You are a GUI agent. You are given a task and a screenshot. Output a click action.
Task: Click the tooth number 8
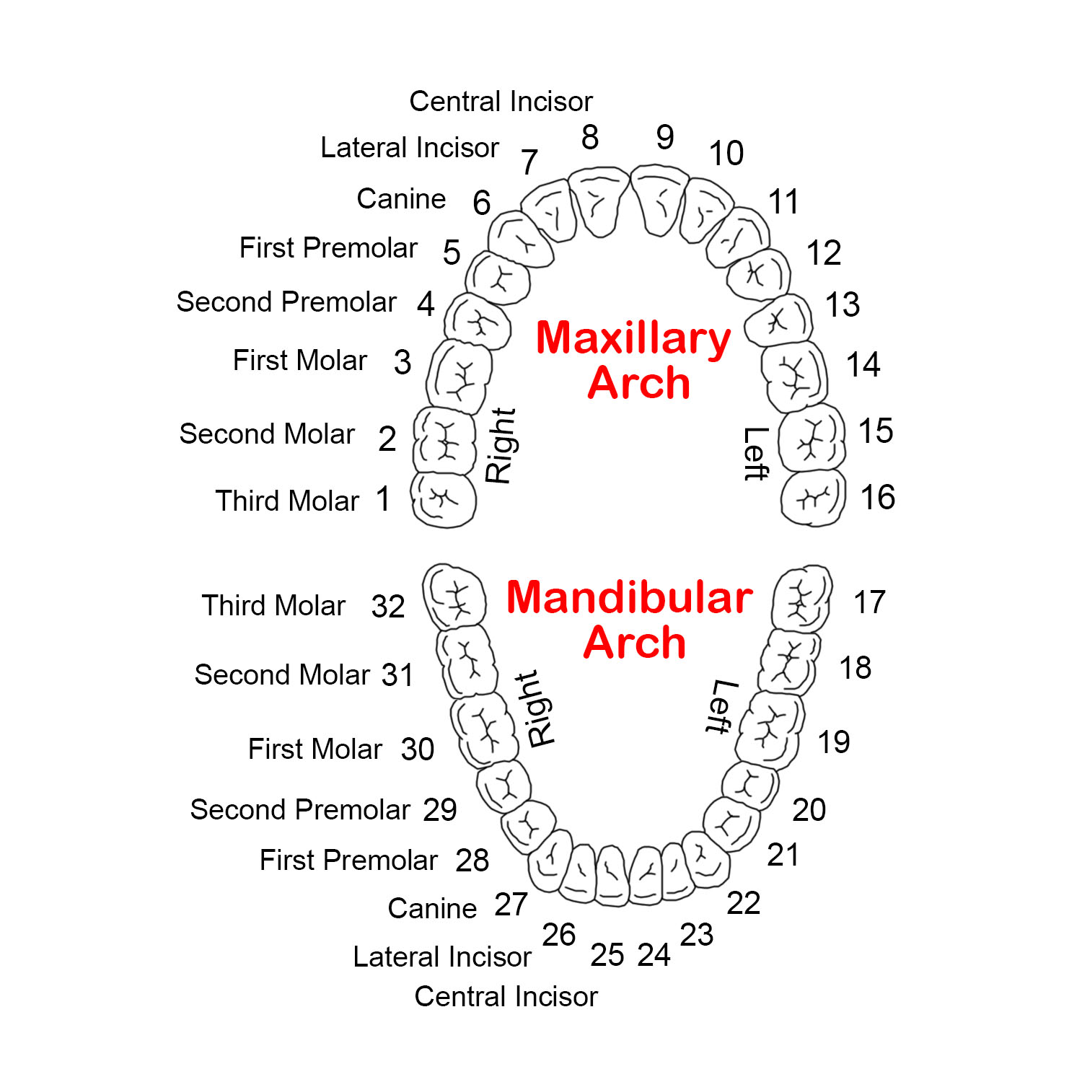click(x=590, y=137)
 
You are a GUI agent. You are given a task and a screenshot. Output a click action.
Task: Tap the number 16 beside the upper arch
click(x=878, y=498)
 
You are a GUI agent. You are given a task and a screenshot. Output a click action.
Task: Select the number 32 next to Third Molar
click(x=388, y=607)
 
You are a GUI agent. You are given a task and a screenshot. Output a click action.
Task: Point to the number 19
click(x=834, y=742)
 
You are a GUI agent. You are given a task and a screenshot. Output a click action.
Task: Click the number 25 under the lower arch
click(x=607, y=955)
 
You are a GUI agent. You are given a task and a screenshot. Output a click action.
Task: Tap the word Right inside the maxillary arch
click(x=500, y=445)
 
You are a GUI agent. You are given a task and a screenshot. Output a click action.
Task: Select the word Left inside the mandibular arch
click(x=721, y=707)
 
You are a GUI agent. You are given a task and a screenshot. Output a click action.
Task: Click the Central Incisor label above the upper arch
click(x=501, y=102)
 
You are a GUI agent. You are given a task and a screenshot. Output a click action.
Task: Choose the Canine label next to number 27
click(x=432, y=908)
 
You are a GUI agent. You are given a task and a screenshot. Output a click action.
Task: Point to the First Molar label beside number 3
click(x=299, y=361)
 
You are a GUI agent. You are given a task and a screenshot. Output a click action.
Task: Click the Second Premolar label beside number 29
click(x=300, y=810)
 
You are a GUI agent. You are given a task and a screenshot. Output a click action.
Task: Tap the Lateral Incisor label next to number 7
click(x=409, y=148)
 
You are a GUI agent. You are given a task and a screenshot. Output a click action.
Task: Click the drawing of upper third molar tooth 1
click(x=444, y=499)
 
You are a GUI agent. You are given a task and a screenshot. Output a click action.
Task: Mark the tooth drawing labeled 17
click(x=801, y=598)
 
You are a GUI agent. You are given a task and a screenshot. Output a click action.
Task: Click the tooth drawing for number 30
click(x=484, y=729)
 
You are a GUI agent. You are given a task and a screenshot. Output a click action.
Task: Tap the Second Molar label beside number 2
click(x=267, y=434)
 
